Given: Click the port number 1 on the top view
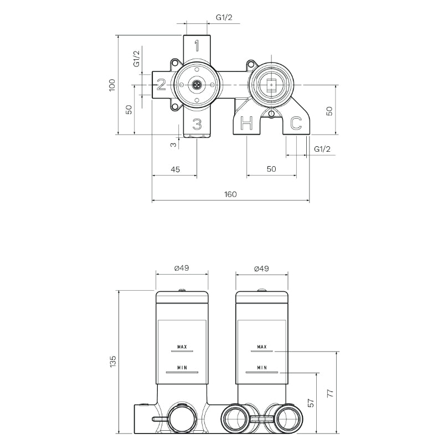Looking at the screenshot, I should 197,46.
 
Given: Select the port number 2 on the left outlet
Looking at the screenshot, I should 161,85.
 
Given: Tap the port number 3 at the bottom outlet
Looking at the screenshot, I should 197,123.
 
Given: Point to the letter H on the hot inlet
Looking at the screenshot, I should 247,123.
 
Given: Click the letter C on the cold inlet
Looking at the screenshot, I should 296,123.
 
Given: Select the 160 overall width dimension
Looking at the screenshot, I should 230,194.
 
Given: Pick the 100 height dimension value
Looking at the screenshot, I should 112,85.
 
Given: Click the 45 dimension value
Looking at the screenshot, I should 174,169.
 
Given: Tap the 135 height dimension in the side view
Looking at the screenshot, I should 113,362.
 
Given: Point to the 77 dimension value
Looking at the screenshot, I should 329,394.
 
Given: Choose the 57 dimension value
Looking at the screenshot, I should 310,403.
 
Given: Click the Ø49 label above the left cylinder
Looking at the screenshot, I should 182,268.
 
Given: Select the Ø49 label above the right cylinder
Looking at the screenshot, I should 261,268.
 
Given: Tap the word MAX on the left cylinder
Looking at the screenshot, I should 182,347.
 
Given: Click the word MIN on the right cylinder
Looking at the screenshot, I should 262,367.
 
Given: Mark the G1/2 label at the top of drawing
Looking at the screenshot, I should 224,18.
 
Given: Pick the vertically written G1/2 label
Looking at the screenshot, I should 137,58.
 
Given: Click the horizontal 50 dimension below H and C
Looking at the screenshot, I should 271,169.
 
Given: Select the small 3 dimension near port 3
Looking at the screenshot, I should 173,145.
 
